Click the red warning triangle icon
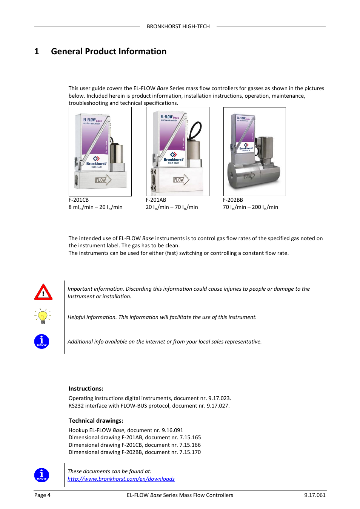pyautogui.click(x=43, y=292)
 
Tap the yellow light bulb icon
pyautogui.click(x=43, y=316)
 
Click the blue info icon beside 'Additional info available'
pyautogui.click(x=42, y=342)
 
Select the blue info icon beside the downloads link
pyautogui.click(x=42, y=475)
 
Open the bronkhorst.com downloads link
pyautogui.click(x=121, y=479)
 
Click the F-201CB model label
pyautogui.click(x=78, y=200)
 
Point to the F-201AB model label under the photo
pyautogui.click(x=156, y=200)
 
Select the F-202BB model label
pyautogui.click(x=233, y=200)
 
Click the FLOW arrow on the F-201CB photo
pyautogui.click(x=103, y=180)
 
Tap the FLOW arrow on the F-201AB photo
pyautogui.click(x=181, y=180)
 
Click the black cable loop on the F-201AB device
pyautogui.click(x=195, y=130)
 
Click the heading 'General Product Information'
pyautogui.click(x=109, y=51)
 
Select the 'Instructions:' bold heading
pyautogui.click(x=86, y=389)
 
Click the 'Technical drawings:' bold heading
pyautogui.click(x=96, y=421)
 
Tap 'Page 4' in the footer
pyautogui.click(x=42, y=495)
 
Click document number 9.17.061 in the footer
pyautogui.click(x=315, y=495)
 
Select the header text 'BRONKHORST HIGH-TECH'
pyautogui.click(x=178, y=26)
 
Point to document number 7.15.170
pyautogui.click(x=190, y=452)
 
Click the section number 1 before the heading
pyautogui.click(x=37, y=51)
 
